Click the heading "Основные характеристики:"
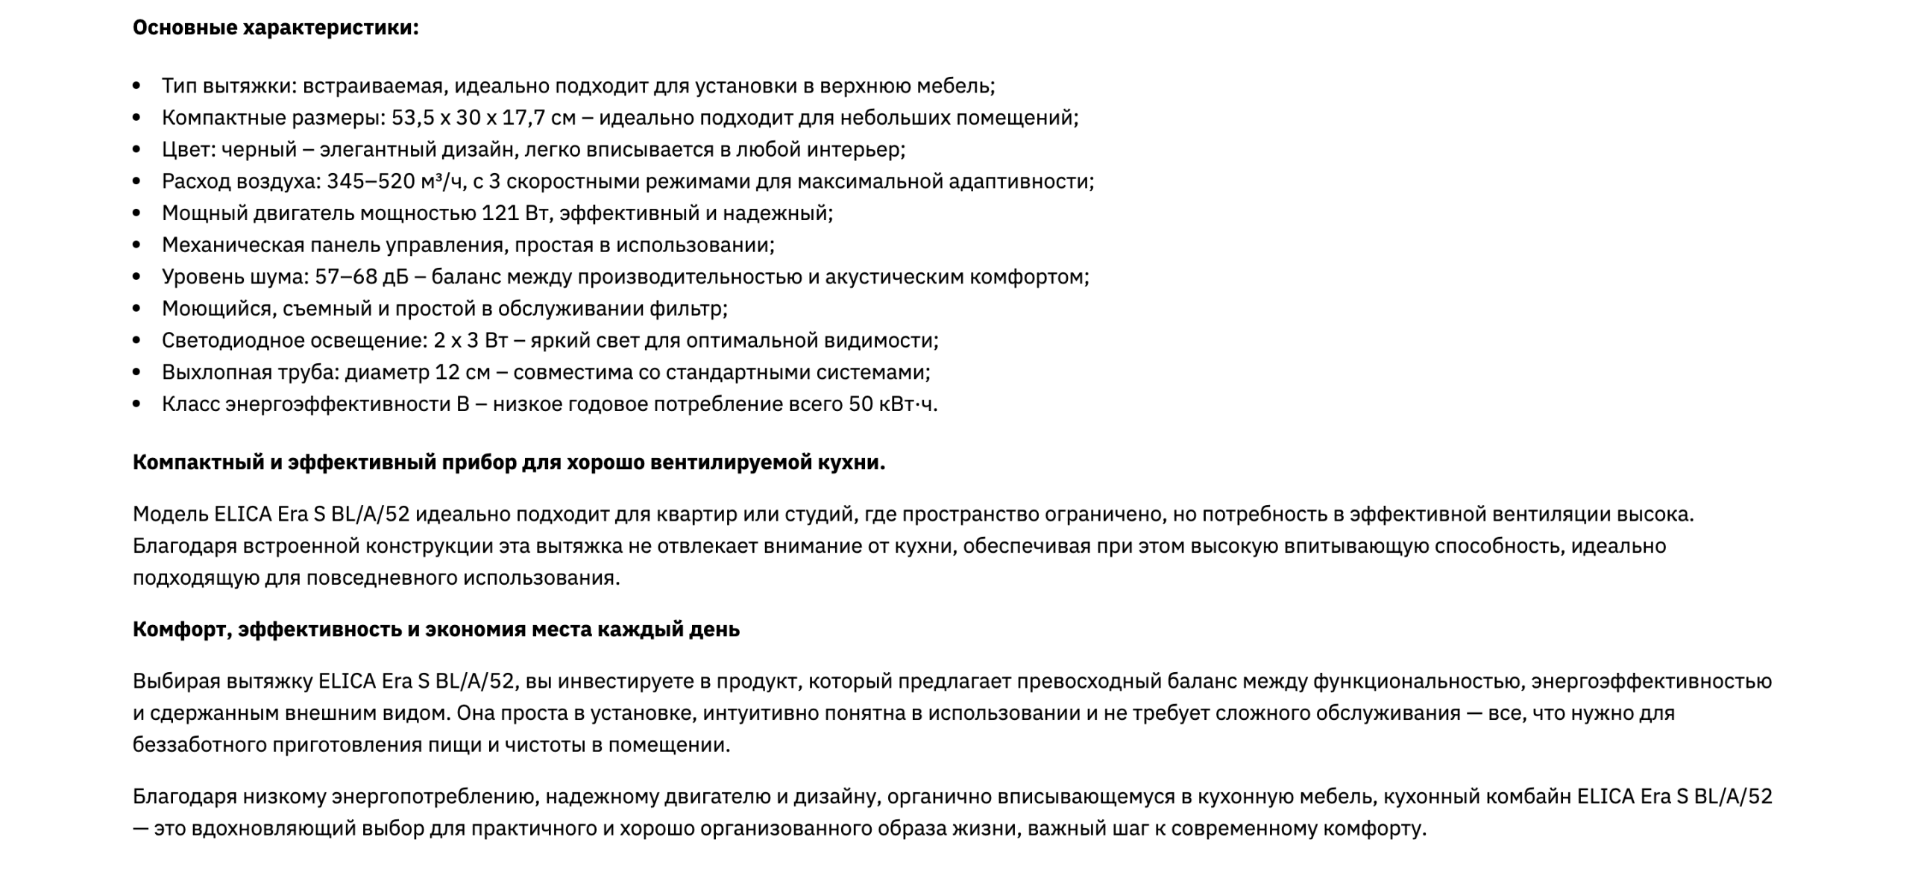click(x=275, y=28)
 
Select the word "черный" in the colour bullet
click(x=259, y=150)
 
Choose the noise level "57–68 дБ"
click(x=362, y=277)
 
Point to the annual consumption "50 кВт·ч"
click(x=892, y=404)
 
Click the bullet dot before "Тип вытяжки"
click(x=136, y=87)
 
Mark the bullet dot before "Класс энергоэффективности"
click(x=136, y=404)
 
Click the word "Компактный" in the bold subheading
click(x=198, y=462)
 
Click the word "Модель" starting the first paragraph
click(x=170, y=515)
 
